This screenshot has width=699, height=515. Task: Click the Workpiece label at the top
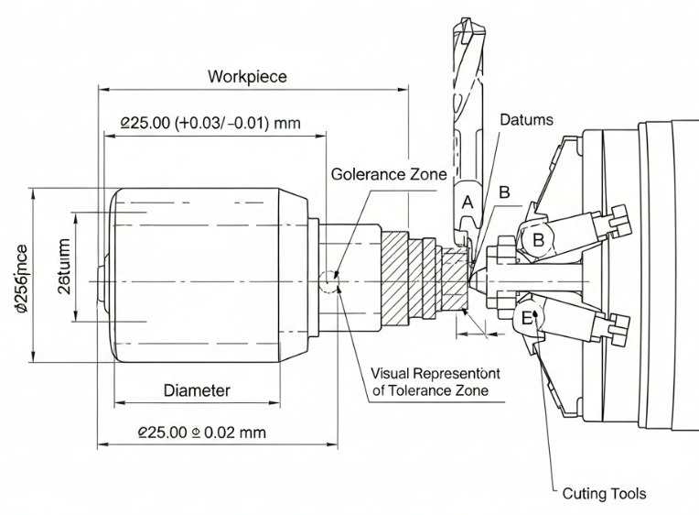click(246, 76)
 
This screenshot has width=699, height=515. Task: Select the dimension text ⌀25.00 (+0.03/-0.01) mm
click(210, 122)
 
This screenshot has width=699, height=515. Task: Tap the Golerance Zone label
click(389, 174)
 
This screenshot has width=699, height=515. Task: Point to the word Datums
click(528, 120)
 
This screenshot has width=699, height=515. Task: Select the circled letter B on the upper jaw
click(539, 239)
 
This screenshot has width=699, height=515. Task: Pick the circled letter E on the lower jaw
click(528, 318)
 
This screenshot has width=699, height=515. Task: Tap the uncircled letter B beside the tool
click(504, 192)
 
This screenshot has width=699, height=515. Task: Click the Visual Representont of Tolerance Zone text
click(431, 382)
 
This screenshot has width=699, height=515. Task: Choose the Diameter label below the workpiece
click(197, 390)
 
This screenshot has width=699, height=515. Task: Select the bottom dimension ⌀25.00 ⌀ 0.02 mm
click(201, 432)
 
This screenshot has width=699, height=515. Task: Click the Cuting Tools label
click(603, 494)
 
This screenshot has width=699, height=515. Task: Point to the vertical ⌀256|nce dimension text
click(21, 279)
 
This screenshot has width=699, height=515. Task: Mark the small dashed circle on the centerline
click(329, 279)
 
